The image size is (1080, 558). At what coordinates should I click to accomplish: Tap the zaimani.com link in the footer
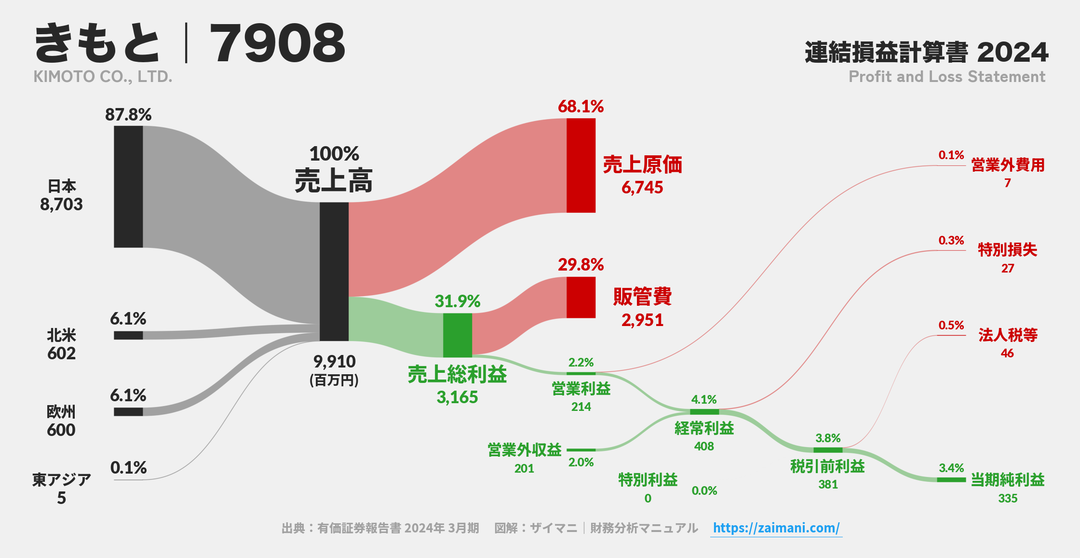776,528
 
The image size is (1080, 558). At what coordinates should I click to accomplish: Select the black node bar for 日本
128,187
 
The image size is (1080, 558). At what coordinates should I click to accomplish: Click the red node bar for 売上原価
580,165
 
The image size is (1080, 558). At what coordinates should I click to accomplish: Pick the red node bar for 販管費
580,297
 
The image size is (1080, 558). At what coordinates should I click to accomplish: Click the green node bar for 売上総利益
457,335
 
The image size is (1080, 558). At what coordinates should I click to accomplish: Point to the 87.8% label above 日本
128,115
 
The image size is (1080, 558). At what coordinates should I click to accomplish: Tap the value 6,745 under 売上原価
642,188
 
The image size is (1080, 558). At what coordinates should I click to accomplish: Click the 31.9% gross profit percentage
457,301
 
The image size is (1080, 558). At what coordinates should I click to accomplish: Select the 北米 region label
61,335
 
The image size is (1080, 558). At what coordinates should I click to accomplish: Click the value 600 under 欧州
61,430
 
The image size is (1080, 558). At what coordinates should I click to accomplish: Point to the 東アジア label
61,479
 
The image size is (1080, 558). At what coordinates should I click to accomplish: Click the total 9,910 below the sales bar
334,361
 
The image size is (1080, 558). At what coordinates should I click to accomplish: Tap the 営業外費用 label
1007,165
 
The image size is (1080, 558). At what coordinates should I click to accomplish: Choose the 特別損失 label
1007,250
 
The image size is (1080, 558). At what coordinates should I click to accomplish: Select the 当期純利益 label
1007,480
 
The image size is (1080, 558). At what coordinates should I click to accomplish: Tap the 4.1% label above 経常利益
703,399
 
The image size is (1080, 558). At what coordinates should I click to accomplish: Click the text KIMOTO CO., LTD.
103,77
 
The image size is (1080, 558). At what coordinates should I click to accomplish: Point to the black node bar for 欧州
128,411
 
